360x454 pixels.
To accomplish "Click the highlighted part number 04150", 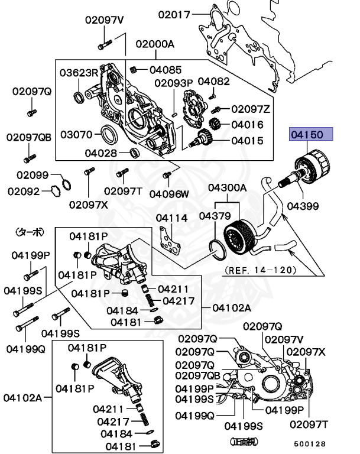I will point(311,135).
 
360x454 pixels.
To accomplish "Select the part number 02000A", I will point(155,44).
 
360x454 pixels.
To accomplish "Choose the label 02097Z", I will point(250,109).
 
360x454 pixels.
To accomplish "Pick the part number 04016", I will point(247,125).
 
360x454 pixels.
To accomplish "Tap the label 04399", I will point(303,206).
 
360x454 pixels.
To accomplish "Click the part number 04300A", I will point(226,188).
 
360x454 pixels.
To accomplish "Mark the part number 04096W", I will point(169,193).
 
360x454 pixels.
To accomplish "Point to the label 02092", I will point(24,191).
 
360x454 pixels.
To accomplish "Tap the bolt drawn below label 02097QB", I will point(27,158).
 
